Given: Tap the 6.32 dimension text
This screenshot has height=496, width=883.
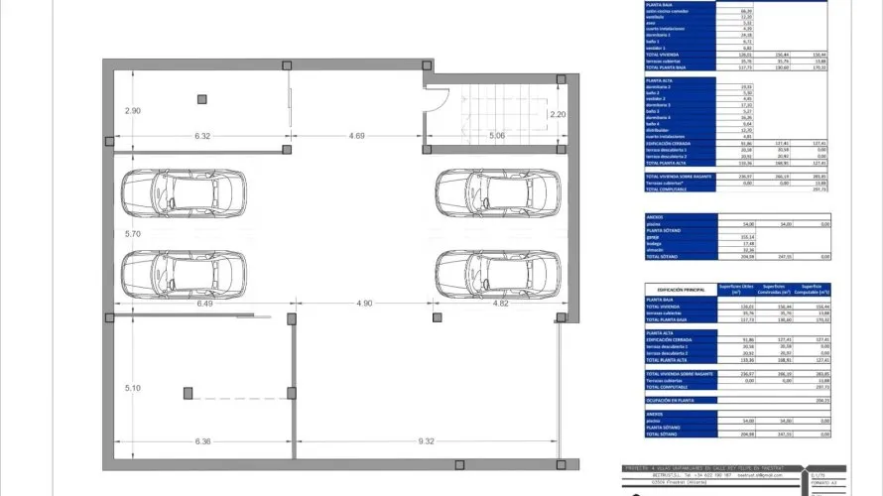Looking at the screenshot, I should click(x=203, y=136).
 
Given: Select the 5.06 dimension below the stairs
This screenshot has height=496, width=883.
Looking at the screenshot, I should click(x=496, y=136).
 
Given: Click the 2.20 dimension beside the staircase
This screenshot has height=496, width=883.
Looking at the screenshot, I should click(x=558, y=115).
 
